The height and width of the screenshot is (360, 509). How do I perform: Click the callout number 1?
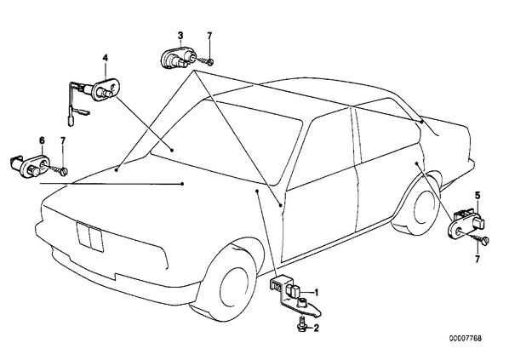(317, 293)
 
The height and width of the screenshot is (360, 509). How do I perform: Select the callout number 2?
(316, 328)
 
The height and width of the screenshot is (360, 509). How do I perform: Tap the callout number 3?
(180, 35)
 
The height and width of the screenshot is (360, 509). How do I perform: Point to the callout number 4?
(106, 58)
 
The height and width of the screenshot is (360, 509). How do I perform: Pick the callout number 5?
(478, 196)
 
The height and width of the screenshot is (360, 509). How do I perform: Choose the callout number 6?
(42, 140)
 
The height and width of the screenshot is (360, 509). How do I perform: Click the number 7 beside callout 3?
(209, 36)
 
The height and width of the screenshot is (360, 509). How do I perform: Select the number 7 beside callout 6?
(63, 140)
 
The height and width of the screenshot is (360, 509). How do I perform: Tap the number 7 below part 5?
(477, 259)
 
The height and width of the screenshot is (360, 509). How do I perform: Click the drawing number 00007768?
(466, 338)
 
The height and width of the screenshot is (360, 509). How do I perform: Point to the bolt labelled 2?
(301, 323)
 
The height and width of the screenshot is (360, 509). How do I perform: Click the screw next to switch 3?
(204, 60)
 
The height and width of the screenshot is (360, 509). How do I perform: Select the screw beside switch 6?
(58, 169)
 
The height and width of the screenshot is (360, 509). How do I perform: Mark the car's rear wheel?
(423, 204)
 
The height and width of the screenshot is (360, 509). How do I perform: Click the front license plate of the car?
(90, 237)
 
